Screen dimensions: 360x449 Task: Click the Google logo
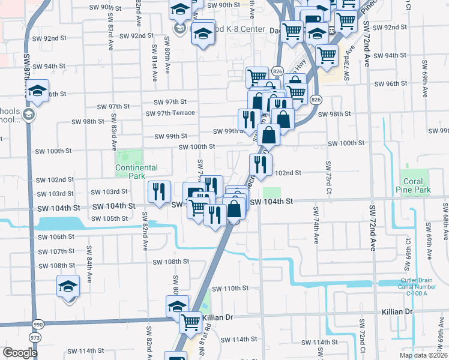coord(19,353)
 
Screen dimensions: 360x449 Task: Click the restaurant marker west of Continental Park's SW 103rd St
coord(158,192)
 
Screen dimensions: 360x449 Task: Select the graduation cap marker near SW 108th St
coord(68,286)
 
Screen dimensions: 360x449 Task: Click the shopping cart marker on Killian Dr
coord(191,322)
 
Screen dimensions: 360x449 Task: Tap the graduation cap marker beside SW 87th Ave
coord(38,91)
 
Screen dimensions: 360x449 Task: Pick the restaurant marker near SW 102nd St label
coord(261,164)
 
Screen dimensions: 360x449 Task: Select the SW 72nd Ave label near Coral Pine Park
coord(372,228)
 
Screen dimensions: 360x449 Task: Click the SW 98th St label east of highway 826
coord(334,114)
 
